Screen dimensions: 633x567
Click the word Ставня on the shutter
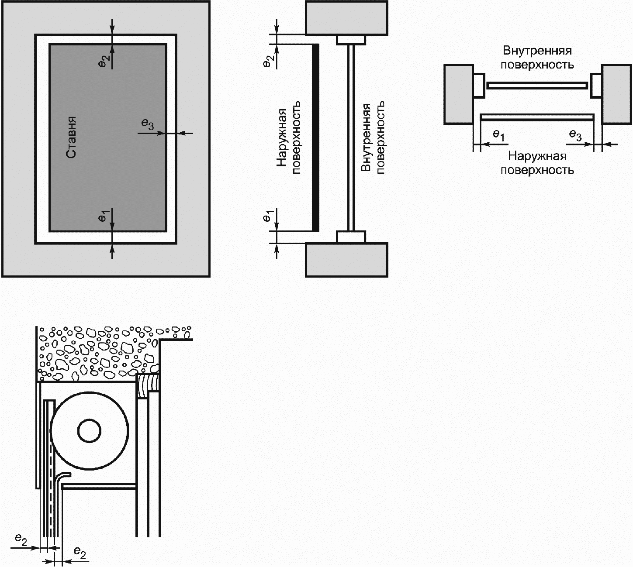[72, 137]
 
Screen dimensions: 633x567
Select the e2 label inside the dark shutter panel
[105, 61]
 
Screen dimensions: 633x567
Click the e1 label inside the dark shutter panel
[104, 216]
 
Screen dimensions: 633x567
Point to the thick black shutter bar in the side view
[315, 137]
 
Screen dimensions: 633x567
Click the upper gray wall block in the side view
[346, 18]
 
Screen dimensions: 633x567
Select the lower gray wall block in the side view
[346, 260]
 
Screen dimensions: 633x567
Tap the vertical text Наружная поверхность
[289, 137]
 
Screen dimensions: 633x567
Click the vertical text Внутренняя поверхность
[373, 137]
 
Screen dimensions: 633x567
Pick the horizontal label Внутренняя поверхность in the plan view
[537, 58]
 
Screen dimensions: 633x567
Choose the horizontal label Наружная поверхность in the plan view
[537, 163]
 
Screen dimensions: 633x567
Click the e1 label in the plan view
[498, 135]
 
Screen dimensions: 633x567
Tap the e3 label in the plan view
[575, 135]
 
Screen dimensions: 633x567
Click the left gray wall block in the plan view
[459, 94]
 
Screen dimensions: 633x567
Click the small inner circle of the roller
[89, 431]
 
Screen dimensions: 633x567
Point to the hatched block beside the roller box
[149, 385]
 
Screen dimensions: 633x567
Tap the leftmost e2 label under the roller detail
[21, 540]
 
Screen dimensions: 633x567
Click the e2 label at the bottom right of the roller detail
[80, 553]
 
